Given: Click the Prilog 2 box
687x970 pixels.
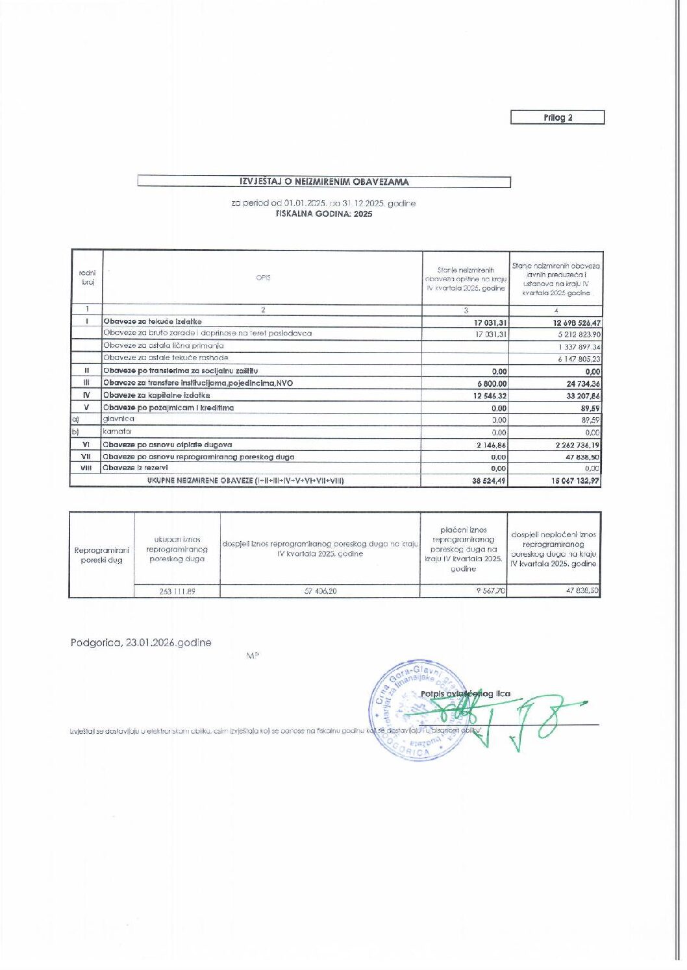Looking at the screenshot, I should pyautogui.click(x=557, y=117).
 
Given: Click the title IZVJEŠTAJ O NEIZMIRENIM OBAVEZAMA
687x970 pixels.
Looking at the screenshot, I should pyautogui.click(x=324, y=182).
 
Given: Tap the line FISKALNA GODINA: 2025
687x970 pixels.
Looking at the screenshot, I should pyautogui.click(x=324, y=213).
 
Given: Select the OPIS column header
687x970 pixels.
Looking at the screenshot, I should pyautogui.click(x=263, y=278).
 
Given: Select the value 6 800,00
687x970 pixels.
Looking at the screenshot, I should pyautogui.click(x=492, y=384).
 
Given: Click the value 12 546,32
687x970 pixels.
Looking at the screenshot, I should pyautogui.click(x=489, y=396).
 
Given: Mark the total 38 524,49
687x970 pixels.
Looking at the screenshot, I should pyautogui.click(x=489, y=481).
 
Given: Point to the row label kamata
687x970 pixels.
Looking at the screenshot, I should pyautogui.click(x=117, y=431).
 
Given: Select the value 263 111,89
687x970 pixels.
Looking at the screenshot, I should pyautogui.click(x=177, y=591).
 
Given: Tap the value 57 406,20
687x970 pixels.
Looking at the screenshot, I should pyautogui.click(x=320, y=591).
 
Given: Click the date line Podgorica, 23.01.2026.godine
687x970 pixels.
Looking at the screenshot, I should pyautogui.click(x=141, y=643).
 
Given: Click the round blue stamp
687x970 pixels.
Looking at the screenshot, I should pyautogui.click(x=414, y=710).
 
